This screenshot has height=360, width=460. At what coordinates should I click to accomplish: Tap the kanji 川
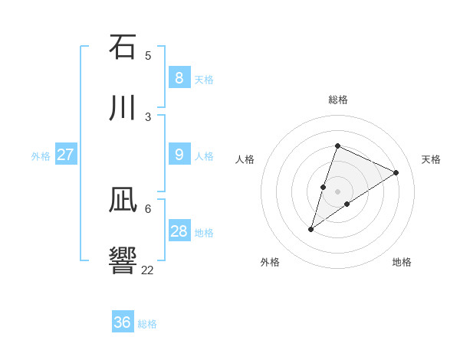(123, 107)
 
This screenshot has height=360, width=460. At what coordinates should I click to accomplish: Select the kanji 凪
(123, 201)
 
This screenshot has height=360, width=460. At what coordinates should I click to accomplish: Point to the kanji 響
(123, 260)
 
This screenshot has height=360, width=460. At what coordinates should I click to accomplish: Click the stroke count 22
(147, 270)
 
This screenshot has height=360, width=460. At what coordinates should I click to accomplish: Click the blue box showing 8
(179, 77)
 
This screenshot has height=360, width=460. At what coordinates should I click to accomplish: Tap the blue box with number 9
(179, 155)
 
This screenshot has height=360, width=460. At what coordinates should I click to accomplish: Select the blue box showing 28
(179, 231)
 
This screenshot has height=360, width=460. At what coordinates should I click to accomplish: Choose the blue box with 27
(65, 155)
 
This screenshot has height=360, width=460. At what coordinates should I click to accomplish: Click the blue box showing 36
(122, 322)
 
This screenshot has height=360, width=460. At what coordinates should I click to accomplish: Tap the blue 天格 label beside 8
(204, 79)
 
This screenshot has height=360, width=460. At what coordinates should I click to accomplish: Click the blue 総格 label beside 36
(147, 324)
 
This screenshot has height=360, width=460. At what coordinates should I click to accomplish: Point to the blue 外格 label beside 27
(41, 156)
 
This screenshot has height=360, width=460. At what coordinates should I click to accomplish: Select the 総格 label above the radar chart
(338, 100)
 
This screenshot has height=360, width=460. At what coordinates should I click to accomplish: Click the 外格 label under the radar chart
(270, 262)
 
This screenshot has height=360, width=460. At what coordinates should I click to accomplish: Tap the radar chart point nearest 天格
(396, 173)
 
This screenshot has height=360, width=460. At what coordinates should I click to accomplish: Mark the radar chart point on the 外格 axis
(311, 229)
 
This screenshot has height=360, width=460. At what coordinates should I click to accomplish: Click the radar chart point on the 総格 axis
(337, 146)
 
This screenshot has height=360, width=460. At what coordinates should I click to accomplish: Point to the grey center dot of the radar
(337, 191)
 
